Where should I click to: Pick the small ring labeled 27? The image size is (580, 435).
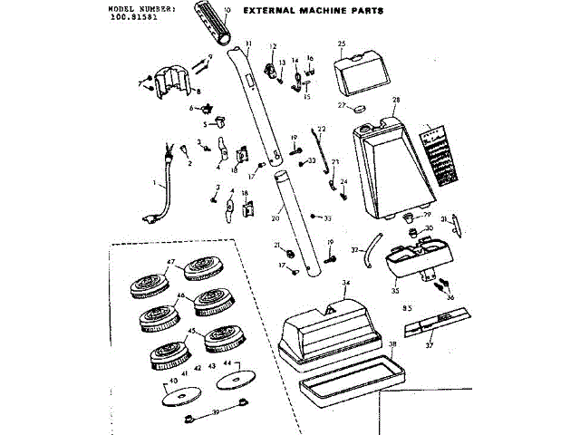[358, 108]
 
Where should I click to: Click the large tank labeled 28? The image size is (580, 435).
[390, 168]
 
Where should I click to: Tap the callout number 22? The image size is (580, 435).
[321, 130]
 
